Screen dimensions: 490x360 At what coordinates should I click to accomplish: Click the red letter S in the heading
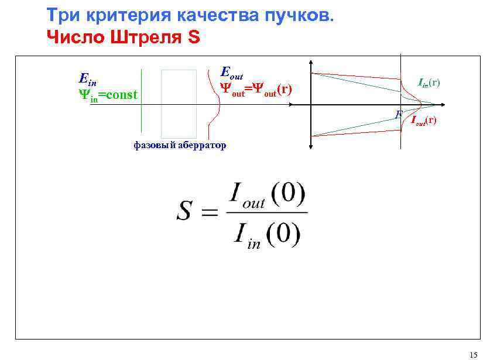(194, 38)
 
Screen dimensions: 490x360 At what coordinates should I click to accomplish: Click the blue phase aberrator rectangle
(179, 104)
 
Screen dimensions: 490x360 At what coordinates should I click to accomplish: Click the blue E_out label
(231, 73)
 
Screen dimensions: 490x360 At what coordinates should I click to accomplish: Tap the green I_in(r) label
(429, 83)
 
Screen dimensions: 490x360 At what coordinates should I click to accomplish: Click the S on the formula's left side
(184, 212)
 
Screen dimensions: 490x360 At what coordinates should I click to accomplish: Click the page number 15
(473, 354)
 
